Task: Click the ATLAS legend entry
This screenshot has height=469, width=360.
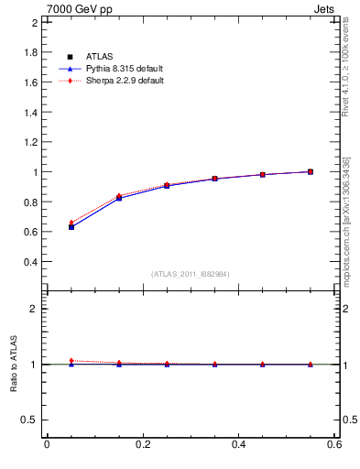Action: (x=98, y=57)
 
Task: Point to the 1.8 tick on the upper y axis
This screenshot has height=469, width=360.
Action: (x=31, y=52)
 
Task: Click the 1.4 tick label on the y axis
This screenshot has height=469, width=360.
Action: (x=31, y=112)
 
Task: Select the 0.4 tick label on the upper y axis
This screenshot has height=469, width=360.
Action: (x=31, y=261)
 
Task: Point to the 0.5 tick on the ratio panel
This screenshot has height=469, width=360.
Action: (x=31, y=420)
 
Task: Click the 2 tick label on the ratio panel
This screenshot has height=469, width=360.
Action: (x=35, y=309)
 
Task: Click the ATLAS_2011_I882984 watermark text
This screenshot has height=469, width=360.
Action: (x=190, y=274)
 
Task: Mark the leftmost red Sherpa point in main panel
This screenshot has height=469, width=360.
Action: (x=71, y=223)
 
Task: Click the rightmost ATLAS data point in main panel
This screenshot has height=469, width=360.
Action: (x=310, y=171)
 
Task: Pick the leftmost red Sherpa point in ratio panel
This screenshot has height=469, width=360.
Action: (x=71, y=361)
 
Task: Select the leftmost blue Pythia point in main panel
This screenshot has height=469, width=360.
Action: (x=71, y=227)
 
